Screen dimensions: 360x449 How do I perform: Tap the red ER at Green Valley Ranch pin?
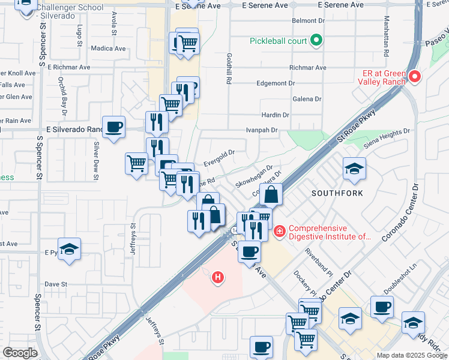(415, 76)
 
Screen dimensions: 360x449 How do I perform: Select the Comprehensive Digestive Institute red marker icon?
(279, 231)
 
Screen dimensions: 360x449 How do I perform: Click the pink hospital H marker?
(218, 277)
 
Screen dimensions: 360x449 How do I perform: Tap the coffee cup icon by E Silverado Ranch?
(113, 127)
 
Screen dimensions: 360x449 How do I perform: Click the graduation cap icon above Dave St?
(70, 249)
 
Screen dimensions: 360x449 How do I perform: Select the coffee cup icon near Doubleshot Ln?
(382, 307)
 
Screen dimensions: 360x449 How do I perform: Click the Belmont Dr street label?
(308, 21)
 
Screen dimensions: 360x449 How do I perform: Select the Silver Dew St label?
(95, 161)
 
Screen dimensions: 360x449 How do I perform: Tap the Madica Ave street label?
(108, 49)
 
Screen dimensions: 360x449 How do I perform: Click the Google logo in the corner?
(20, 353)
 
